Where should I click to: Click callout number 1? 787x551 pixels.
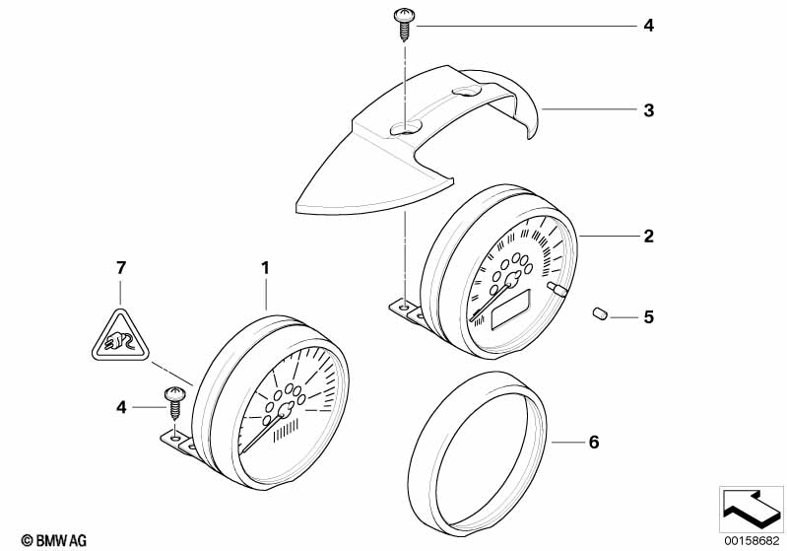point(264,267)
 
